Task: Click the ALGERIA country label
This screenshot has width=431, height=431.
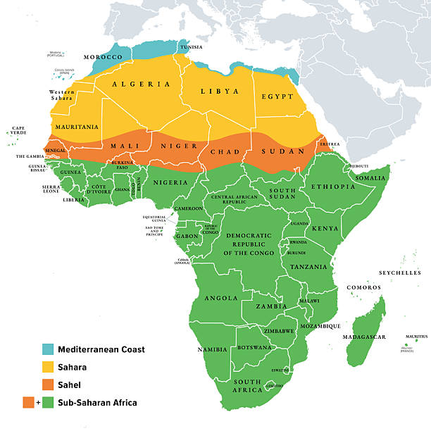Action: click(x=140, y=84)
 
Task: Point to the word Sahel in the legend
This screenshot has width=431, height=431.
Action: click(x=69, y=385)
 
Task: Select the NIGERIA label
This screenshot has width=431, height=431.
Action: click(x=170, y=182)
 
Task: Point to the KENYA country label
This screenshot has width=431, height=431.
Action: click(x=325, y=229)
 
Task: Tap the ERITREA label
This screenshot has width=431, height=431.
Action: click(x=330, y=144)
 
